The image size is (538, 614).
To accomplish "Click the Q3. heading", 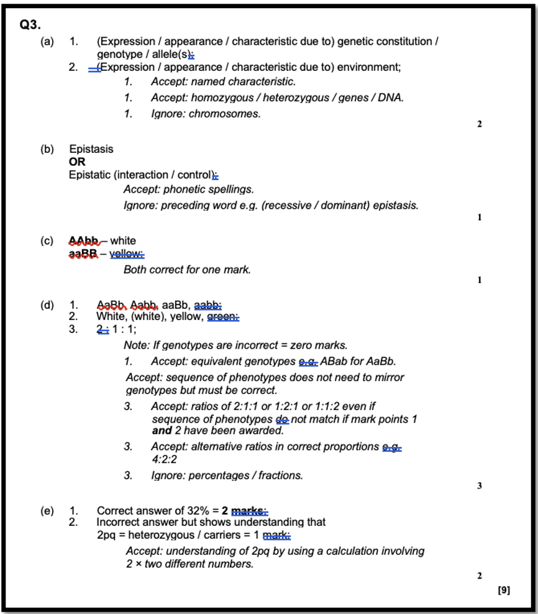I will (x=30, y=25).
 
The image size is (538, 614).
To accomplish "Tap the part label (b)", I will (x=47, y=149).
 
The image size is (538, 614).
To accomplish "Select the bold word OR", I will (x=77, y=162).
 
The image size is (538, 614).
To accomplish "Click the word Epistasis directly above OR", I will (x=91, y=149).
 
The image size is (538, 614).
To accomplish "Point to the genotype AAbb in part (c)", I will (x=83, y=241).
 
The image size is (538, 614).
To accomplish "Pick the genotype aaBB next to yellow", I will (x=83, y=254).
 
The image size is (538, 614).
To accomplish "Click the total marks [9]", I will (x=504, y=590).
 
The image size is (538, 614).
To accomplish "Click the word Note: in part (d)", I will (x=137, y=345).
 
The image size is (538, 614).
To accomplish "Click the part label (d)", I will (x=47, y=305).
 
